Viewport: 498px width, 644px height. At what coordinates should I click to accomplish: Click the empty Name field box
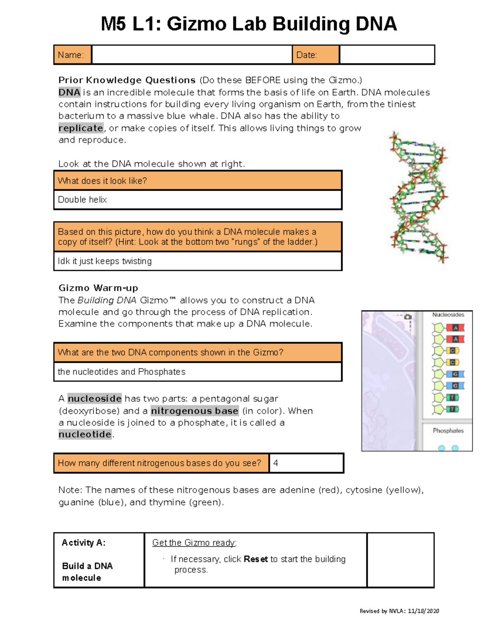[192, 55]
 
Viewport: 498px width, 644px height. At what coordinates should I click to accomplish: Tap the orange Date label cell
[315, 55]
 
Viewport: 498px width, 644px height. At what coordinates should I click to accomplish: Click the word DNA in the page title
[376, 24]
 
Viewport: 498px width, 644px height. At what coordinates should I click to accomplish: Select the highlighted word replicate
[81, 128]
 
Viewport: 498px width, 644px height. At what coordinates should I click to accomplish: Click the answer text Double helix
[83, 199]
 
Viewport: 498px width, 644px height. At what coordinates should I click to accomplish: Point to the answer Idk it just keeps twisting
[105, 261]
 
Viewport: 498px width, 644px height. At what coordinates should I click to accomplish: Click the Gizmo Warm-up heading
[98, 288]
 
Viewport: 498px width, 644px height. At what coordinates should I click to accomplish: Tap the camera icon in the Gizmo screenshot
[408, 317]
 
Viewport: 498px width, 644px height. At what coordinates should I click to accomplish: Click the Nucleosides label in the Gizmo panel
[448, 315]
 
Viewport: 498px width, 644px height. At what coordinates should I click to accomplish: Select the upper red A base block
[455, 328]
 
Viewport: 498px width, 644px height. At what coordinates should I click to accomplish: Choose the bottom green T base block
[452, 409]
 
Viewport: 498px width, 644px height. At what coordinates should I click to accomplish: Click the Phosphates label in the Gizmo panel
[448, 430]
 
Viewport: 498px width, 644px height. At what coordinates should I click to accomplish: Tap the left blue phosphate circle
[442, 448]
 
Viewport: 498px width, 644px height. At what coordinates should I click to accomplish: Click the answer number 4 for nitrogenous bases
[276, 463]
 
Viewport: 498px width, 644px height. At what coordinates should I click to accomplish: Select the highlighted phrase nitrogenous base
[195, 411]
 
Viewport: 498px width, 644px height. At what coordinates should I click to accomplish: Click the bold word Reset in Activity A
[256, 559]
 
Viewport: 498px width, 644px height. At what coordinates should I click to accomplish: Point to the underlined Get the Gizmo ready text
[194, 543]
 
